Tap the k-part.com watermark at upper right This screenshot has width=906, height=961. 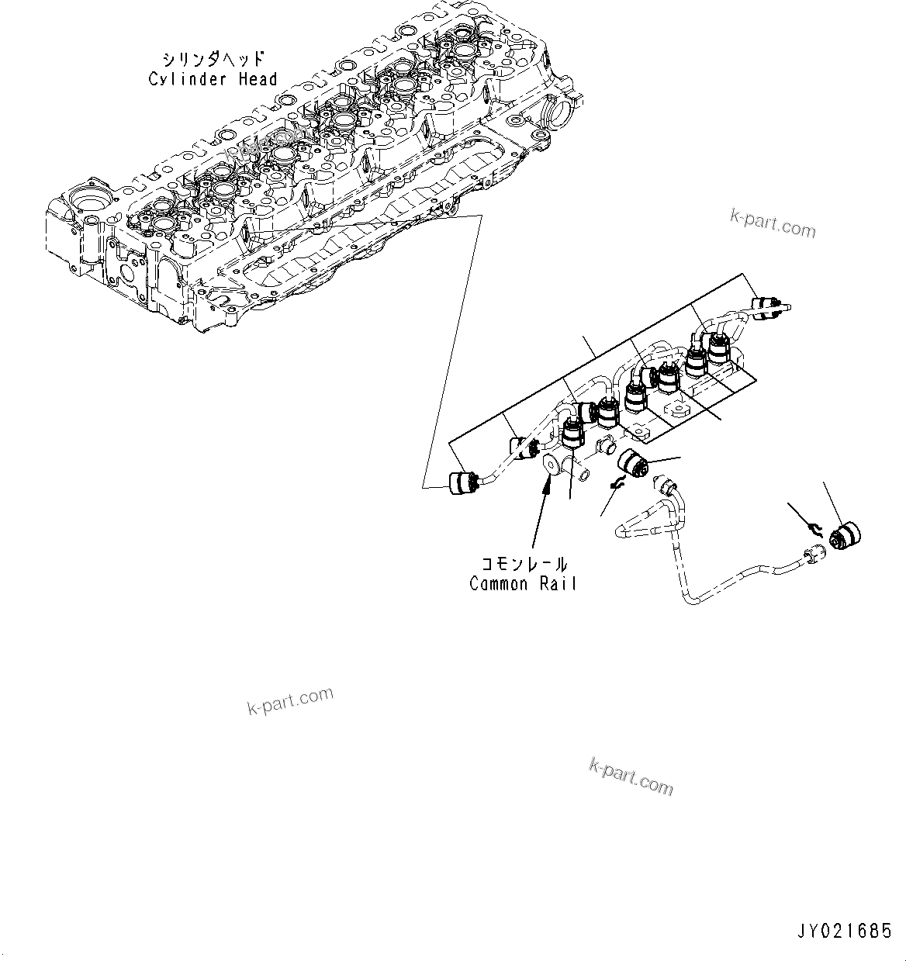pyautogui.click(x=773, y=224)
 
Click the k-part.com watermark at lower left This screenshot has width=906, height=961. pyautogui.click(x=290, y=701)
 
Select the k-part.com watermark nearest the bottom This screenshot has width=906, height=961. pyautogui.click(x=631, y=776)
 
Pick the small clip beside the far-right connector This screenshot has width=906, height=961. pyautogui.click(x=814, y=528)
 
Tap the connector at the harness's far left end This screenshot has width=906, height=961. pyautogui.click(x=462, y=482)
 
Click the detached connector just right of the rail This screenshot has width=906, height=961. pyautogui.click(x=633, y=466)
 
